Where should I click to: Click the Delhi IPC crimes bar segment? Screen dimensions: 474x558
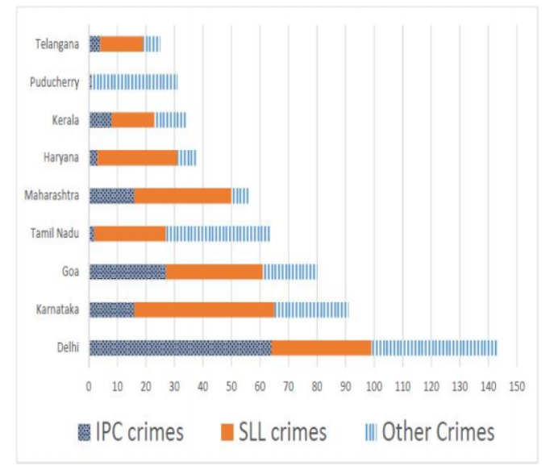[x=180, y=347]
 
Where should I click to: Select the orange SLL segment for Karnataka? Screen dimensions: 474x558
[x=204, y=310]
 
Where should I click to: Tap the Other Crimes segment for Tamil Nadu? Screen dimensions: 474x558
[x=218, y=234]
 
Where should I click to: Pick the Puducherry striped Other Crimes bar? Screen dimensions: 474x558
[x=134, y=81]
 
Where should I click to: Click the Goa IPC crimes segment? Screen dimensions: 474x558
[x=127, y=272]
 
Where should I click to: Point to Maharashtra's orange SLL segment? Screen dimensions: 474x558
[x=183, y=196]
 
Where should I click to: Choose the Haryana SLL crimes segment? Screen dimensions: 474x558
[x=138, y=158]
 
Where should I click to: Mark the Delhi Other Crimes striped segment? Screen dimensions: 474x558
[x=434, y=347]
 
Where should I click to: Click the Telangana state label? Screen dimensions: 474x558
[x=56, y=44]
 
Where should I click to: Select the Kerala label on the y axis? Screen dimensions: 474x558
[x=65, y=120]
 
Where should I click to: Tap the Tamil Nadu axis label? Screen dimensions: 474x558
[x=55, y=234]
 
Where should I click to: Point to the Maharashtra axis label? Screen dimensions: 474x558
[x=52, y=196]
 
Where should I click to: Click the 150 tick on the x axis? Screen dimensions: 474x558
[x=517, y=385]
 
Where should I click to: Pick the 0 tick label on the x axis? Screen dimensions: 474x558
[x=89, y=385]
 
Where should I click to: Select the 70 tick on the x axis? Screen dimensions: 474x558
[x=289, y=385]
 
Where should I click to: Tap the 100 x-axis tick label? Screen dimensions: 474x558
[x=374, y=385]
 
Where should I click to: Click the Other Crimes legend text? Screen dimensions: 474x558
[x=438, y=432]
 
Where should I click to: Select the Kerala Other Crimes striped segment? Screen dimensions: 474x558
[x=170, y=120]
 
